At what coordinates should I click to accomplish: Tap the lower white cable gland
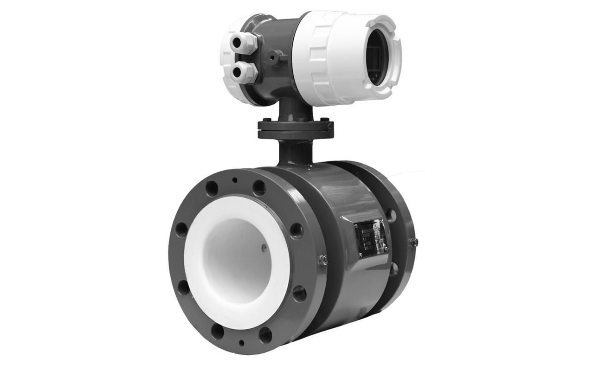[242, 72]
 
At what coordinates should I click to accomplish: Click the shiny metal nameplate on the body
[371, 238]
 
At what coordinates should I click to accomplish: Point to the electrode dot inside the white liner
[264, 248]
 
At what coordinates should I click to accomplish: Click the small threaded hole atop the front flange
[235, 180]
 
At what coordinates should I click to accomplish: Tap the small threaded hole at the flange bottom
[241, 344]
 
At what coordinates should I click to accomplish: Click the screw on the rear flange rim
[413, 242]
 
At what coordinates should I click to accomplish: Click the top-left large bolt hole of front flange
[212, 188]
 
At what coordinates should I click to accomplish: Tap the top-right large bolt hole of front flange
[259, 188]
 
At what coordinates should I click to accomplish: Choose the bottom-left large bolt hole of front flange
[217, 330]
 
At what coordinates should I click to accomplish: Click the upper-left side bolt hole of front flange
[181, 230]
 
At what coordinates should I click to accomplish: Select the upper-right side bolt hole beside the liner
[296, 230]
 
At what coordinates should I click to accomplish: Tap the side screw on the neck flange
[328, 125]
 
